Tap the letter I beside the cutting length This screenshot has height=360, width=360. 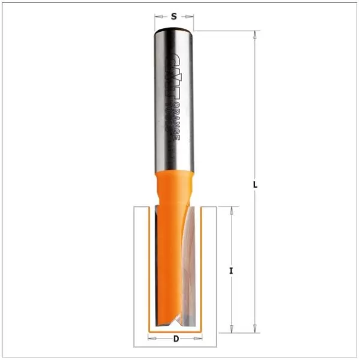231,271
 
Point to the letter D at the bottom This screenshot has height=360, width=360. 175,339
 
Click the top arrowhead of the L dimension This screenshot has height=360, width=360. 256,35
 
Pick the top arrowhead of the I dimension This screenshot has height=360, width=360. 231,211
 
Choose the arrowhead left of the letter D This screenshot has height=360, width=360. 151,339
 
